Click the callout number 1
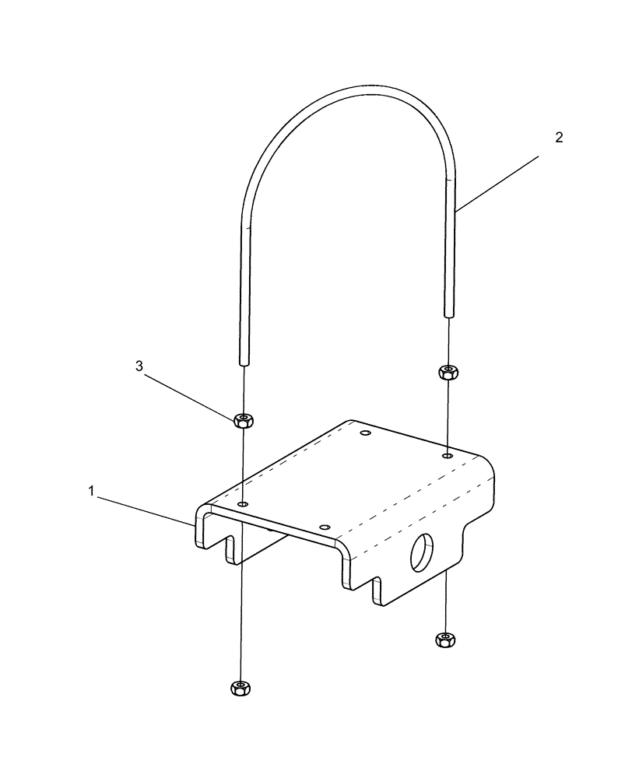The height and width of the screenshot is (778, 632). pos(92,491)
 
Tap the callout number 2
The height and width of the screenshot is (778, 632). pos(558,138)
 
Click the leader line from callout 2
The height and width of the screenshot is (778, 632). pos(498,183)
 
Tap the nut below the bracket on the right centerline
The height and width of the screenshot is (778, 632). pos(444,639)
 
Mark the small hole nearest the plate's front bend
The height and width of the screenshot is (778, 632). pos(325,528)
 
